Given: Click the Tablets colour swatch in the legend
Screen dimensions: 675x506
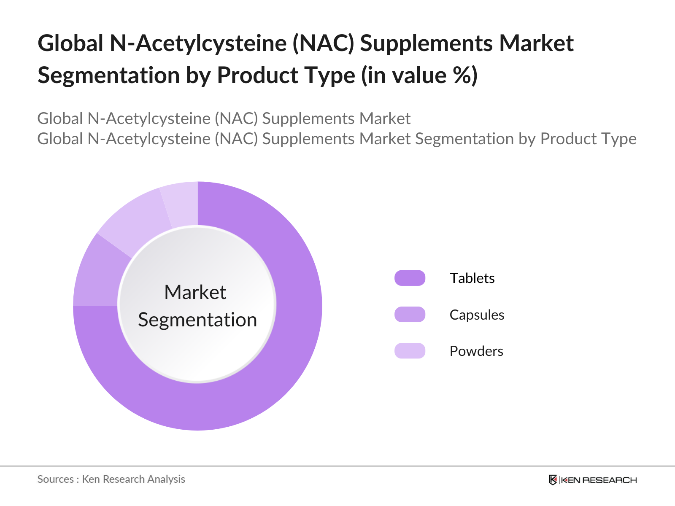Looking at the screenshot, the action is click(x=410, y=278).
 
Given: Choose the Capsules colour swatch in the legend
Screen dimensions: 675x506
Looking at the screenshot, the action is click(x=410, y=314).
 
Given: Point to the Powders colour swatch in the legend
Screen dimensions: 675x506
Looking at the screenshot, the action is click(x=410, y=351).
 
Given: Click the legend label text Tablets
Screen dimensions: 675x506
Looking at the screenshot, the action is click(x=472, y=278).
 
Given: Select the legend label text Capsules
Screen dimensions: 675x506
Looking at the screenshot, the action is click(x=477, y=315).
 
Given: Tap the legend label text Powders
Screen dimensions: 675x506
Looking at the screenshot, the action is click(x=476, y=351).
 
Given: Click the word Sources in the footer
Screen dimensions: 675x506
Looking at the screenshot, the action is click(x=55, y=479).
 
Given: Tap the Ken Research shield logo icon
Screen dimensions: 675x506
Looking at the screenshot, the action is click(x=553, y=480).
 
